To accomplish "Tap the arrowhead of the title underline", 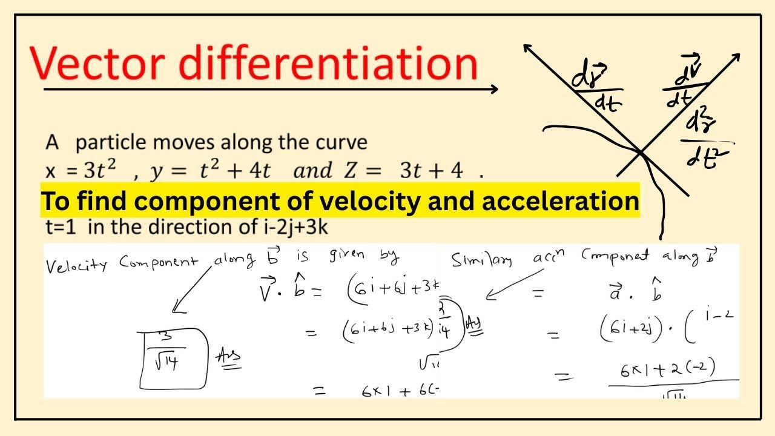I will pos(493,89).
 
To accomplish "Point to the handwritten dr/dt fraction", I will pos(597,91).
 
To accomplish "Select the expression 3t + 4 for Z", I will pos(431,171).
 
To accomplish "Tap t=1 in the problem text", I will pos(61,228).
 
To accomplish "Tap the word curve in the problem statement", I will pos(343,143).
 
